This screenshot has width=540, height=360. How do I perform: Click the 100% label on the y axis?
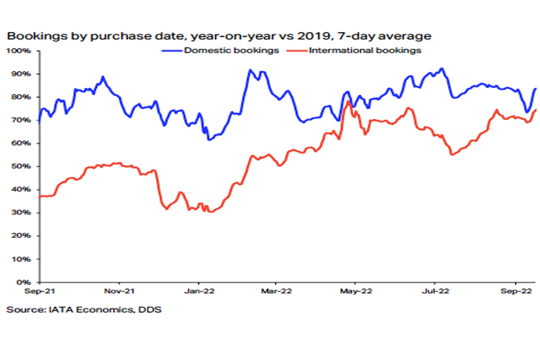[18, 51]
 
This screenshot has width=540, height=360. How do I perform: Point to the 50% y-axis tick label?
[21, 166]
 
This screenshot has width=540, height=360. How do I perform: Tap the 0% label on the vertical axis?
[23, 282]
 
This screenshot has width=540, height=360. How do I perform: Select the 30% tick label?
[21, 212]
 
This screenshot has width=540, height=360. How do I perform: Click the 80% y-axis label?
[21, 97]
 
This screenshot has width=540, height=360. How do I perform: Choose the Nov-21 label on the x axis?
[119, 291]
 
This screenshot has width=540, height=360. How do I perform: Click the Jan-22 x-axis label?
[199, 291]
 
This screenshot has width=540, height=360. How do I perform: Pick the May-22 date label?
[356, 291]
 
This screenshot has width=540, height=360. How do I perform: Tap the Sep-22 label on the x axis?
[516, 291]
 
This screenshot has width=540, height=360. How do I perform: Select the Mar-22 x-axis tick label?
[276, 291]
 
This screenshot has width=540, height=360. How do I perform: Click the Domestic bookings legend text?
[231, 50]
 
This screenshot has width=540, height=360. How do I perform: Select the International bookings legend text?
[365, 50]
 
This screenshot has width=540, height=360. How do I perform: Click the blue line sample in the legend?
[171, 51]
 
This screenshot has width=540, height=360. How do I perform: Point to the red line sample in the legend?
[297, 51]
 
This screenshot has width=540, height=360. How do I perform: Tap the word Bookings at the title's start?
[37, 36]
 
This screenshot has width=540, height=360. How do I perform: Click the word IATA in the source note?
[61, 310]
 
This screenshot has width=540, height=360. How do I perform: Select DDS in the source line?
[150, 310]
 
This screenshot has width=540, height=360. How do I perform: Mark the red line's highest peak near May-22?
[348, 101]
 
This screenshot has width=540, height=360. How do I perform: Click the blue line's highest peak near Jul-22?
[441, 69]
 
